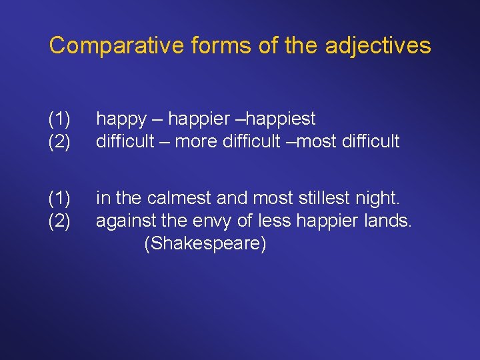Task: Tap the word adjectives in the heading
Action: pyautogui.click(x=379, y=45)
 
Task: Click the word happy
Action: pyautogui.click(x=121, y=120)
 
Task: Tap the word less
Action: pyautogui.click(x=273, y=221)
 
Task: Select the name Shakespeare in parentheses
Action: pyautogui.click(x=205, y=244)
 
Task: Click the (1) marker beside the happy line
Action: pyautogui.click(x=60, y=120)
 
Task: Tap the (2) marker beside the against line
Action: pyautogui.click(x=60, y=221)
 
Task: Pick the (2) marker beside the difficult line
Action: pyautogui.click(x=60, y=141)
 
